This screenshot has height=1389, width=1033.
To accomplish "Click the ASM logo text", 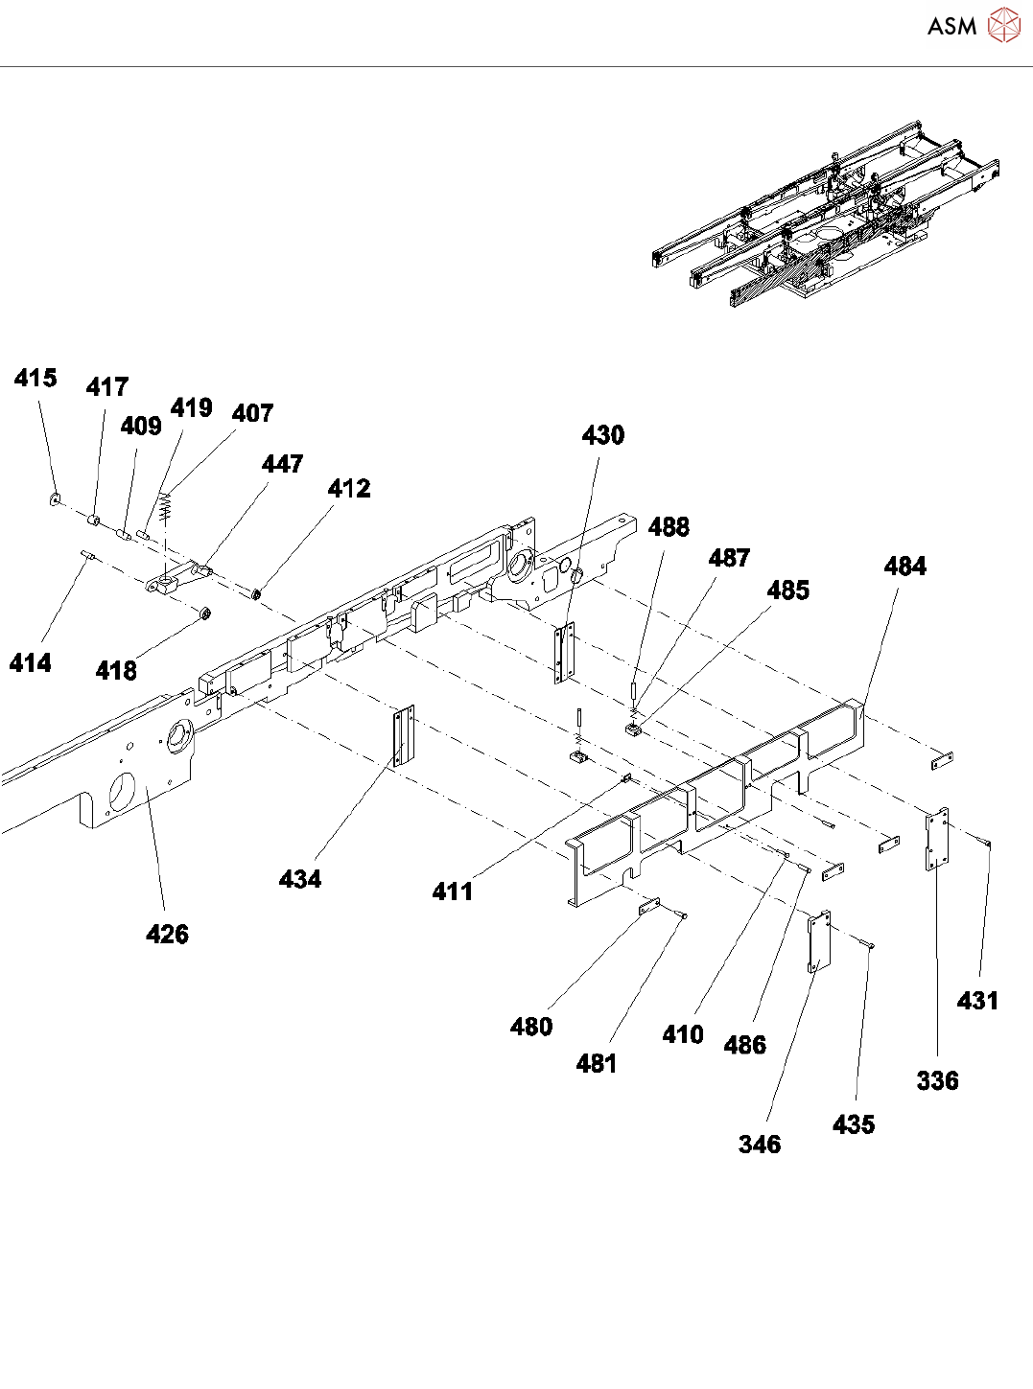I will pos(951,26).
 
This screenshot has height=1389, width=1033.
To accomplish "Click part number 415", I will pos(35,378).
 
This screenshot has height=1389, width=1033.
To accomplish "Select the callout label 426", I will pos(167,934).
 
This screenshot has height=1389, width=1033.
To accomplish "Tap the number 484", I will pos(904,567).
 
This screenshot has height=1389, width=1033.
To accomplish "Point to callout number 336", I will pos(937,1080).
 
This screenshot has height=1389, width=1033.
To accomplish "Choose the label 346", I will pos(760,1144).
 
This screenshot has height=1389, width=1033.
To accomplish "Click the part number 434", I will pos(300,879).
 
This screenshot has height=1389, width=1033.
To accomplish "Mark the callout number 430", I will pos(602,435).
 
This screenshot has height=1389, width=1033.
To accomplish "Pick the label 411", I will pos(453,891).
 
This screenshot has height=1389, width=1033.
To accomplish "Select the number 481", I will pos(597,1063).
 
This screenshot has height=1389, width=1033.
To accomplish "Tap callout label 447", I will pos(282,464).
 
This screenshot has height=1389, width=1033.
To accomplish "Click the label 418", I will pos(116,671).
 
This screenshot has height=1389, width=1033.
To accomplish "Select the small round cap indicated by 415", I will pos(55,498).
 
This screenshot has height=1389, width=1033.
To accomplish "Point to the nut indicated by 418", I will pos(204,612).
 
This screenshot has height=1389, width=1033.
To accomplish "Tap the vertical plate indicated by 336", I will pos(936,839).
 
